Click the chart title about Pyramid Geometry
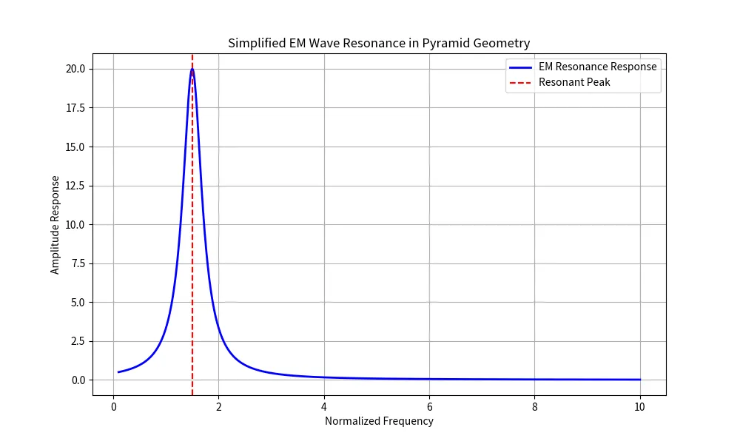coord(379,43)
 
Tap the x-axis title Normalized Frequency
coord(379,421)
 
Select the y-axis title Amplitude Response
coord(55,225)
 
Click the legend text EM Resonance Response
coord(597,67)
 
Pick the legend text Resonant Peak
coord(574,82)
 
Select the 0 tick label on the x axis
coord(113,406)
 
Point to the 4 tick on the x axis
coord(324,406)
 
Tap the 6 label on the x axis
coord(429,406)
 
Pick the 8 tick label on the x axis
coord(535,406)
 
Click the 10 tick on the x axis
coord(640,406)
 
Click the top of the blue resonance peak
coord(192,70)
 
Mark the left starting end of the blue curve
coord(118,372)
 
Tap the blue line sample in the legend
coord(520,67)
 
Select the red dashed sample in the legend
coord(520,82)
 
